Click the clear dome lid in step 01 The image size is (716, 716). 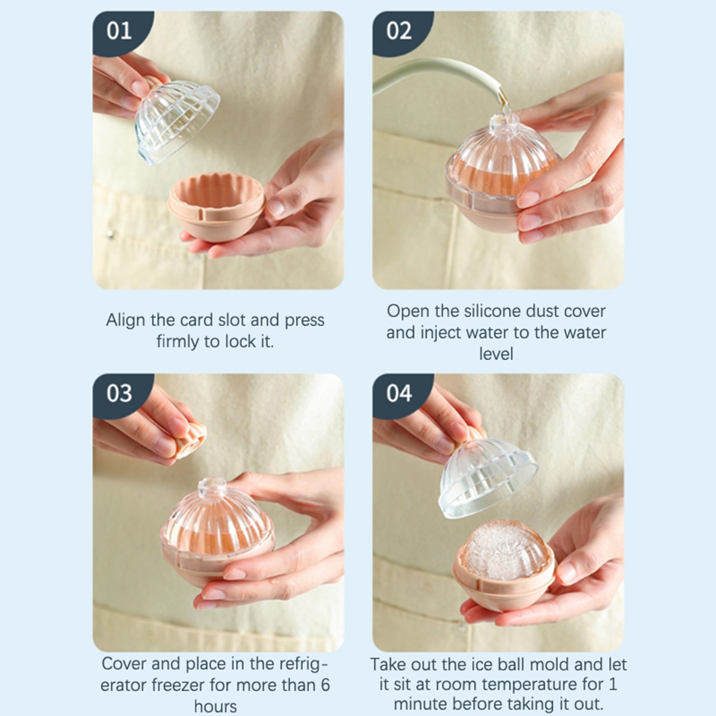(x=177, y=121)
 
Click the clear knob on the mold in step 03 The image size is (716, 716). (x=212, y=488)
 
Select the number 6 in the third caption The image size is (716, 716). (x=325, y=685)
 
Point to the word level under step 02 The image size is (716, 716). (x=496, y=354)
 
